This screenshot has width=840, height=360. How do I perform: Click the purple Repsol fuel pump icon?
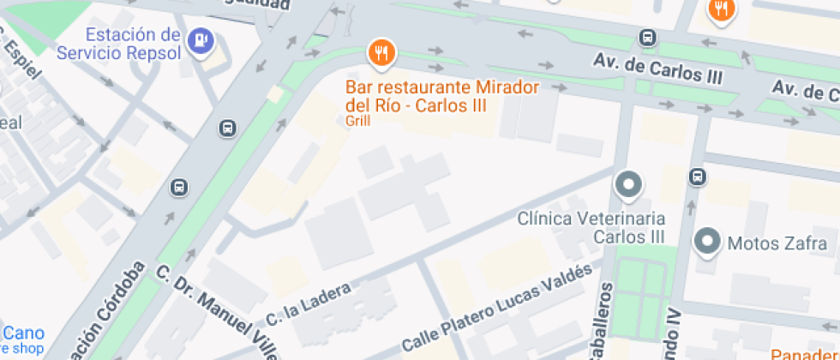click(201, 39)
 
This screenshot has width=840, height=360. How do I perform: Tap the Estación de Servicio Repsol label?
click(119, 45)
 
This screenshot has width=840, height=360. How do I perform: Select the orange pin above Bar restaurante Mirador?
click(381, 53)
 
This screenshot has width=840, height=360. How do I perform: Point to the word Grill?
click(357, 121)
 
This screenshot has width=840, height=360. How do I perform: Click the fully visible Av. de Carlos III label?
click(658, 69)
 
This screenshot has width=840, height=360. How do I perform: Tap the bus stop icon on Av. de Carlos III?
click(648, 38)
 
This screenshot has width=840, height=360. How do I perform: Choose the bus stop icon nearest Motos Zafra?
click(697, 177)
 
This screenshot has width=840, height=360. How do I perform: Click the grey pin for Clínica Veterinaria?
click(629, 184)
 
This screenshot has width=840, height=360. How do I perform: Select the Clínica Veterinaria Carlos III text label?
click(591, 227)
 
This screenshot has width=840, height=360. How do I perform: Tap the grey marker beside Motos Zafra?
click(708, 242)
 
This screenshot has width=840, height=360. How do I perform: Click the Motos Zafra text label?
click(765, 243)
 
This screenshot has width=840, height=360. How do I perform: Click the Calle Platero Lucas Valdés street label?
click(496, 309)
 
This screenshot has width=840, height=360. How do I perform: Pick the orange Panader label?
click(804, 354)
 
